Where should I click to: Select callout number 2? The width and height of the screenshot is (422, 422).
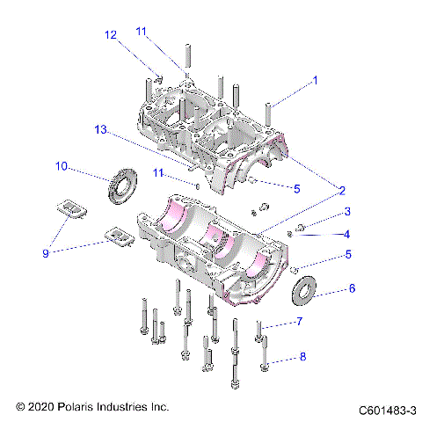(x=341, y=190)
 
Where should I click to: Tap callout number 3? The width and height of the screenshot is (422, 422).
(x=323, y=212)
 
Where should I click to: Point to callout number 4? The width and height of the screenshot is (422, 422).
(x=323, y=234)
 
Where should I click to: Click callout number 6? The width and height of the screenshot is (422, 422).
(x=327, y=287)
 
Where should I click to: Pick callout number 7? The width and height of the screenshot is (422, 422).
(x=299, y=323)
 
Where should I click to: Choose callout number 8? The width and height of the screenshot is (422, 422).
(x=302, y=357)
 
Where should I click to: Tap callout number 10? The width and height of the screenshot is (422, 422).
(x=61, y=165)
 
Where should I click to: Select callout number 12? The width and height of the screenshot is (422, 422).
(x=111, y=35)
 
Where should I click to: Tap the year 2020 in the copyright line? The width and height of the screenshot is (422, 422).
(x=40, y=408)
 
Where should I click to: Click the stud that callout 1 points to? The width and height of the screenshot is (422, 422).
(x=270, y=115)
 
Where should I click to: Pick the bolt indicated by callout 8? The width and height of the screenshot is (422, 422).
(x=264, y=356)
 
